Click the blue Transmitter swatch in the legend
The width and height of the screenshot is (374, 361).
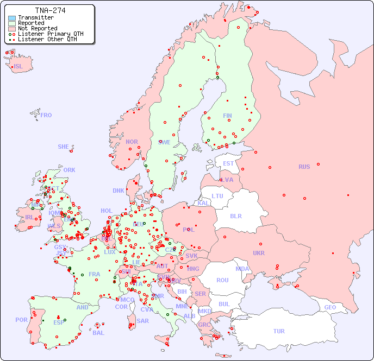12,18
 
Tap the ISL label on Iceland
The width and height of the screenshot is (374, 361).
18,67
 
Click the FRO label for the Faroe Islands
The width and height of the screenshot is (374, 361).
46,115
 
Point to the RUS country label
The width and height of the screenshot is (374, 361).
304,167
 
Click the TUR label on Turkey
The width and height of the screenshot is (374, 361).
279,331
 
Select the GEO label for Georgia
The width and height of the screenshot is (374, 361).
330,307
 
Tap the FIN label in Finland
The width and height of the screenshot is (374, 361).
227,116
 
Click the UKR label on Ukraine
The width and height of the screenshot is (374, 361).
259,253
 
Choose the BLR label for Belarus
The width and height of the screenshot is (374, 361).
236,216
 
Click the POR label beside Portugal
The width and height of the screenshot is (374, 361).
21,320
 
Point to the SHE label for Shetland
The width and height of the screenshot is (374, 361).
64,147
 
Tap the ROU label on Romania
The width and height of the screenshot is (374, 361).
222,280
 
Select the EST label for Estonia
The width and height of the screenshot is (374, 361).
228,163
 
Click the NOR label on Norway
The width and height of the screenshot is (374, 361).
132,142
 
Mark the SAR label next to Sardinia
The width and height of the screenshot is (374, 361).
143,321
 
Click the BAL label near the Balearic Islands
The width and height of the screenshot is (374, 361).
98,333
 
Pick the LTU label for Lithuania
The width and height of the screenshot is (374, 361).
217,196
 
